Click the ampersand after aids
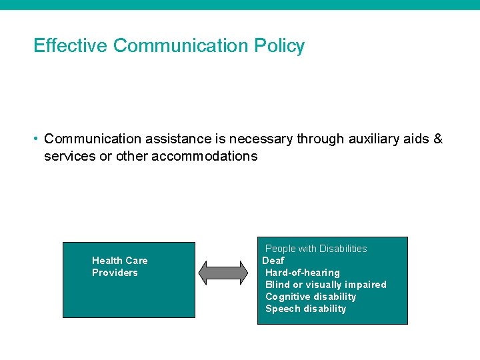coord(438,139)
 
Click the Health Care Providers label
coord(119,267)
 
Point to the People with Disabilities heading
coord(316,249)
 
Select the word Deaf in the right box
coord(273,261)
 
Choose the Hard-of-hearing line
coord(303,273)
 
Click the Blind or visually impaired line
coord(325,285)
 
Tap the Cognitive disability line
coord(311,297)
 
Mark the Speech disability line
coord(306,309)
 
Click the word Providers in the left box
coord(115,273)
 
